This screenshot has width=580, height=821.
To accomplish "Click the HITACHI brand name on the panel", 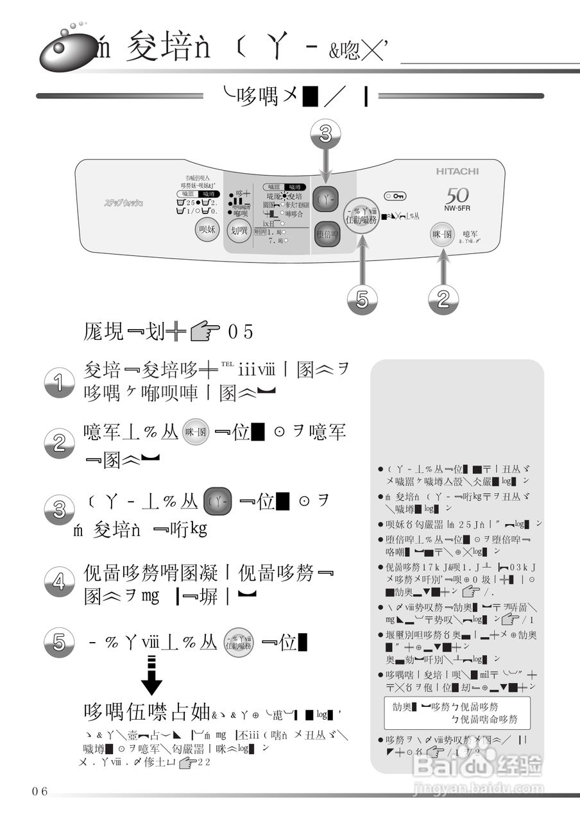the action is pyautogui.click(x=457, y=172).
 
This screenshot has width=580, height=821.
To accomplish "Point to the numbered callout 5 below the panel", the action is pyautogui.click(x=362, y=300).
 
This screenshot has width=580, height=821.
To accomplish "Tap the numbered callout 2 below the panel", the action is pyautogui.click(x=443, y=300).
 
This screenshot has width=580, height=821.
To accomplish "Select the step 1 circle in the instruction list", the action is pyautogui.click(x=59, y=383).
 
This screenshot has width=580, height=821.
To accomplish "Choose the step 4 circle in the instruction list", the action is pyautogui.click(x=59, y=582).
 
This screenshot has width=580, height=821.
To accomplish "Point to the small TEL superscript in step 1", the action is pyautogui.click(x=228, y=364).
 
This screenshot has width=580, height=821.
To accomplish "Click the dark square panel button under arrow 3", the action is pyautogui.click(x=327, y=199).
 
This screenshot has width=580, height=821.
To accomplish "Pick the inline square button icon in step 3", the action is pyautogui.click(x=217, y=502).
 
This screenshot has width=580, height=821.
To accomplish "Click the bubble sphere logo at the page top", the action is pyautogui.click(x=64, y=49).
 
